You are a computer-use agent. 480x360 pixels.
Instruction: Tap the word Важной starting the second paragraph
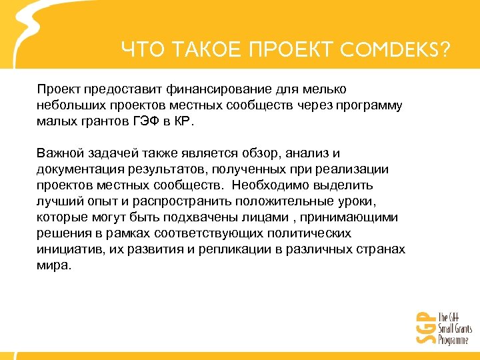(58, 153)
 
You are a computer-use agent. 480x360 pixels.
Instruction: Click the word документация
(76, 169)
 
